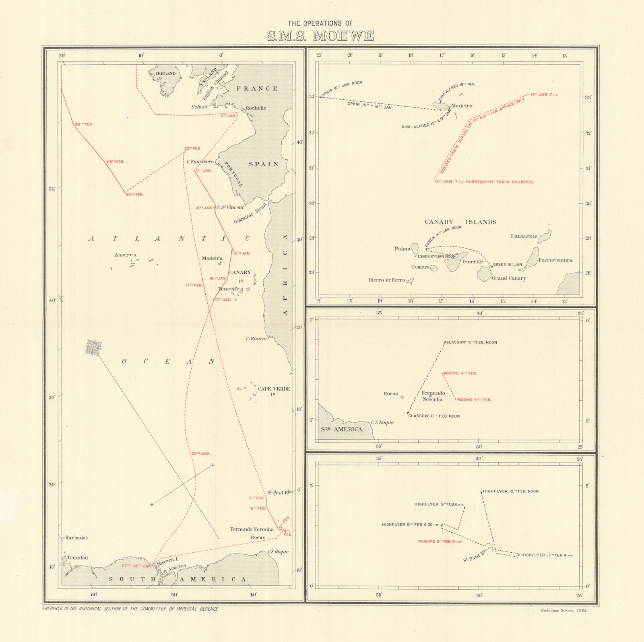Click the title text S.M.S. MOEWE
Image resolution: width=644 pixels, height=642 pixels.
coord(320,36)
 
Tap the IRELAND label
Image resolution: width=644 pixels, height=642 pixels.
coord(165,74)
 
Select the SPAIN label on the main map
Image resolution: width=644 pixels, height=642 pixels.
coord(264,164)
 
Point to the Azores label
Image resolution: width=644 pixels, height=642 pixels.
coord(125,255)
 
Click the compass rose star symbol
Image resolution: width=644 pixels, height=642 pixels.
coord(93,348)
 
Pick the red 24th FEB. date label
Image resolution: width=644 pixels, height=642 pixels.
coord(134,195)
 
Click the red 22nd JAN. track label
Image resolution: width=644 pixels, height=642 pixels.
coord(200,454)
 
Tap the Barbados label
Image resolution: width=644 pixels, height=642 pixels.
coord(76,537)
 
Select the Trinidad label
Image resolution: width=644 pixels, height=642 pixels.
coord(77,558)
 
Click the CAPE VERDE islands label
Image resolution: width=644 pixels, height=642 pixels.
coord(274,389)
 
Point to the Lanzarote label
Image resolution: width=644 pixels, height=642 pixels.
coord(524,236)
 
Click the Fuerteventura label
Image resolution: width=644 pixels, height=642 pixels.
coord(555,260)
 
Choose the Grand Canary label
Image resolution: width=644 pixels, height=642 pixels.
coord(509,278)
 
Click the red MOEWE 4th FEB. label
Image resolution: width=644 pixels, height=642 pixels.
coord(474,400)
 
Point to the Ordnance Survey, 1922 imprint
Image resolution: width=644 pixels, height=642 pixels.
coord(564,610)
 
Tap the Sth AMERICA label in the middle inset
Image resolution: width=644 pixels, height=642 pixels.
coord(341,429)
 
